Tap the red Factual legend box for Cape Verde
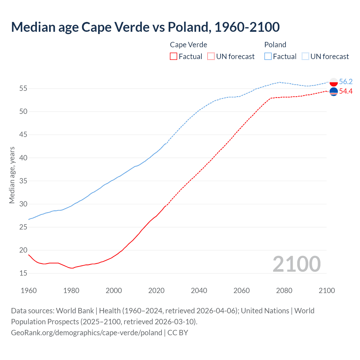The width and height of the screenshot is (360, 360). coord(174,56)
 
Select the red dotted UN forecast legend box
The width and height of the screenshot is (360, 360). coord(211,56)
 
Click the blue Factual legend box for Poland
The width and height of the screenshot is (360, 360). coord(268,56)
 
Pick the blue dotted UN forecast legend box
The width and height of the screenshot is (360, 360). coord(305,56)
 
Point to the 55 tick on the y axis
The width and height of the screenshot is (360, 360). coord(23,89)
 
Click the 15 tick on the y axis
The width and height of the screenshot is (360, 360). coord(23,273)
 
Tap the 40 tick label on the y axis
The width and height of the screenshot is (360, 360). coord(23,158)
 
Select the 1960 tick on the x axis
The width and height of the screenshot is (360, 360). coord(29,291)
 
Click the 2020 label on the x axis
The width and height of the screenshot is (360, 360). coord(156,291)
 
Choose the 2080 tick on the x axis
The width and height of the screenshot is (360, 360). coord(284,291)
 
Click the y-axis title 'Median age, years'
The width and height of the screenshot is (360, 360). coord(12,175)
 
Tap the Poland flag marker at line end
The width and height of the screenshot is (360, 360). coord(334,82)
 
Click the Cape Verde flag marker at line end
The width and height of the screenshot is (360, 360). coord(334,92)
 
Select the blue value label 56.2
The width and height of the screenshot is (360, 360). coord(346,82)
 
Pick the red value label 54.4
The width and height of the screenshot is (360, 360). coord(346,91)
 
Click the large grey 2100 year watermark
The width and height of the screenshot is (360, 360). coord(296,264)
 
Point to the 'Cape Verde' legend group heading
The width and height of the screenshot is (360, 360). coord(188,45)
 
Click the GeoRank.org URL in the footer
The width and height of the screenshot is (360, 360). coord(87,332)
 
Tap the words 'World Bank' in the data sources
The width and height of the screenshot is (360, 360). coord(75,311)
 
